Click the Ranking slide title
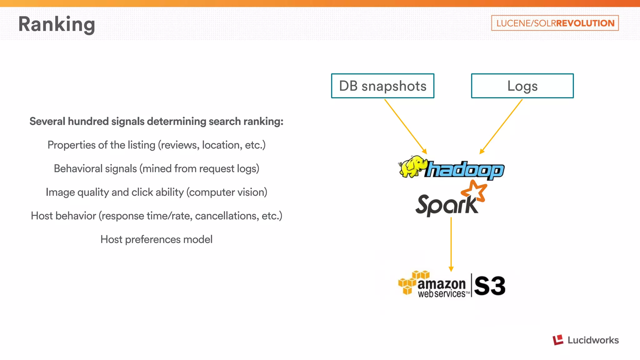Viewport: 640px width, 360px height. coord(57,24)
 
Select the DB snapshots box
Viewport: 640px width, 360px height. coord(382,86)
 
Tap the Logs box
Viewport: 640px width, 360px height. coord(522,86)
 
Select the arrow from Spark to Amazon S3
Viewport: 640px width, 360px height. coord(451,244)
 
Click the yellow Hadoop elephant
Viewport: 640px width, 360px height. coord(412,167)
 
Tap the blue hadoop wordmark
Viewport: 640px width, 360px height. coord(465,170)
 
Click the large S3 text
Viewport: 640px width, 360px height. coord(489,286)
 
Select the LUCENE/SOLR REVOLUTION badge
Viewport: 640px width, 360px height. coord(555,23)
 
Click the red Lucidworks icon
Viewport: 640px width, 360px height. coord(558,340)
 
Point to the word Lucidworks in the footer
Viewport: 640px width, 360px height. coord(593,340)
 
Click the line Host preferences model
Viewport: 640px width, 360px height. coord(156,239)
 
